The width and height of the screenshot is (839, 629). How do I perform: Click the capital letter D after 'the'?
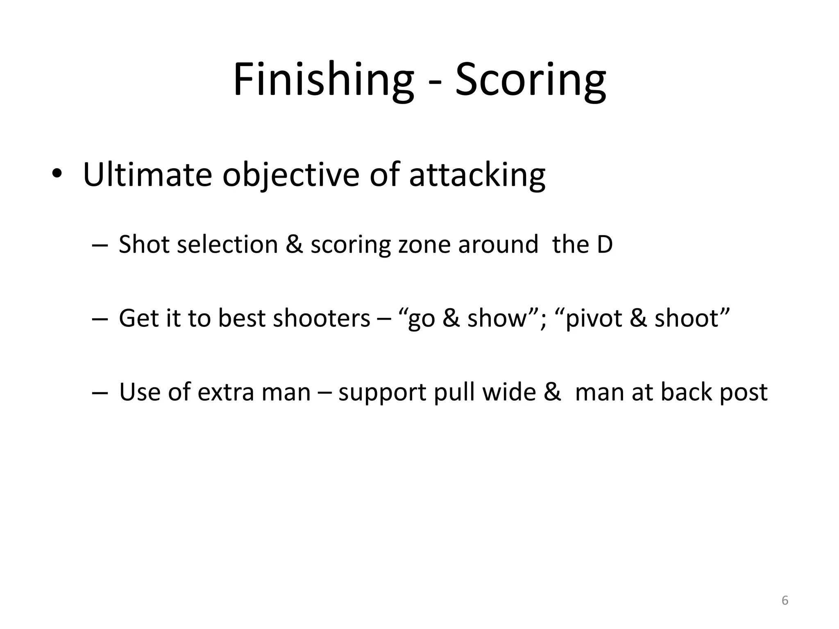[604, 244]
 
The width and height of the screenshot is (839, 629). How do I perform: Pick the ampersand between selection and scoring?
[294, 244]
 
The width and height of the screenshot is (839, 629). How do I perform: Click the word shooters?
[322, 318]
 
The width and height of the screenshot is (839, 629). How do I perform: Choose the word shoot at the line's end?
[687, 318]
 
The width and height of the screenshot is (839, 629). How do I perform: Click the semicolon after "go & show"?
[543, 320]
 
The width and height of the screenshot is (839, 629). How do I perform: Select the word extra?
[225, 392]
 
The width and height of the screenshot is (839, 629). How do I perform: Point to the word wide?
[509, 392]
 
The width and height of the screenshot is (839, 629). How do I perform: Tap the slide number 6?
[785, 600]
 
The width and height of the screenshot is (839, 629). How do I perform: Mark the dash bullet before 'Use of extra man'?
[100, 392]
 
